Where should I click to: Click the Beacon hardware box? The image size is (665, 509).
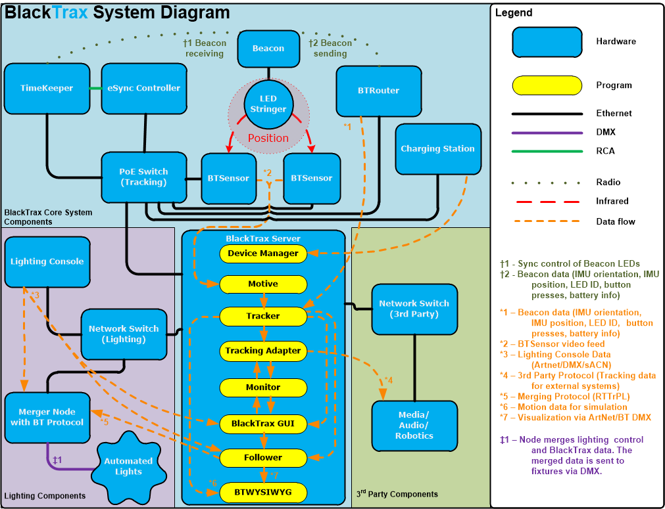point(268,49)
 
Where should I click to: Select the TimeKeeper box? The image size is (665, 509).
point(47,88)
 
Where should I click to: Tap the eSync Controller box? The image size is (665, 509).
point(144,88)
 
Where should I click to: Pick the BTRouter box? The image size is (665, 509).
point(378,91)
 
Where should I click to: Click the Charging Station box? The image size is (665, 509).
point(437,149)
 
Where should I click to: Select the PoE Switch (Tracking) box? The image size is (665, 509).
point(143,177)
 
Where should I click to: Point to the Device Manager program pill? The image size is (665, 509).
point(263,254)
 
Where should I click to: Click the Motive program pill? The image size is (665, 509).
point(263,284)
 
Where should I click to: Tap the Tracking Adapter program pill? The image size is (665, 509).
point(263,351)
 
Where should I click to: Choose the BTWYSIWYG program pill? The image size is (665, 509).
point(263,491)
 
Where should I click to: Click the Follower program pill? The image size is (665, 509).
point(263,457)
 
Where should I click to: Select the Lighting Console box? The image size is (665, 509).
point(47,261)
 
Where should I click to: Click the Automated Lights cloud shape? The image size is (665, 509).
point(128,466)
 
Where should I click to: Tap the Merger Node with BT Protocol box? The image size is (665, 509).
point(47,417)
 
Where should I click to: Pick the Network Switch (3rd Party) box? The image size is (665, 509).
point(414,309)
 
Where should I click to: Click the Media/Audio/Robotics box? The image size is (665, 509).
point(414,425)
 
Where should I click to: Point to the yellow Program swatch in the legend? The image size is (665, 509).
point(547,85)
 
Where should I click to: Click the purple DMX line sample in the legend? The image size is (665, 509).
point(547,132)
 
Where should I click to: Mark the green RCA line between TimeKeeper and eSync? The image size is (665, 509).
point(95,88)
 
